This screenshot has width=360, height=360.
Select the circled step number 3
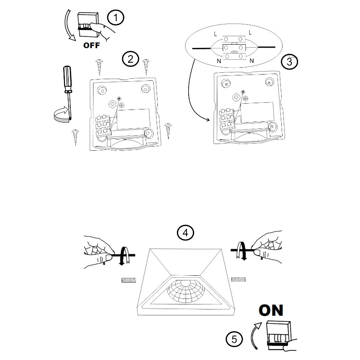point(289,61)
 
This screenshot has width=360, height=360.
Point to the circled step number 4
point(185,232)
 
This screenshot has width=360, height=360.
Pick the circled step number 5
point(234,339)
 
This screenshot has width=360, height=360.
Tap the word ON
point(271,310)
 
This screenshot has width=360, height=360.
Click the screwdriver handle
point(68,80)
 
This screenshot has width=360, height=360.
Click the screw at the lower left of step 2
point(75,136)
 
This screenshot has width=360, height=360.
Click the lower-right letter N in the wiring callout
point(251,61)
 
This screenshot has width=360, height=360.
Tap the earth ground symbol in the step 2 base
point(122,105)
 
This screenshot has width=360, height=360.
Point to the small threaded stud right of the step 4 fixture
point(239,280)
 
